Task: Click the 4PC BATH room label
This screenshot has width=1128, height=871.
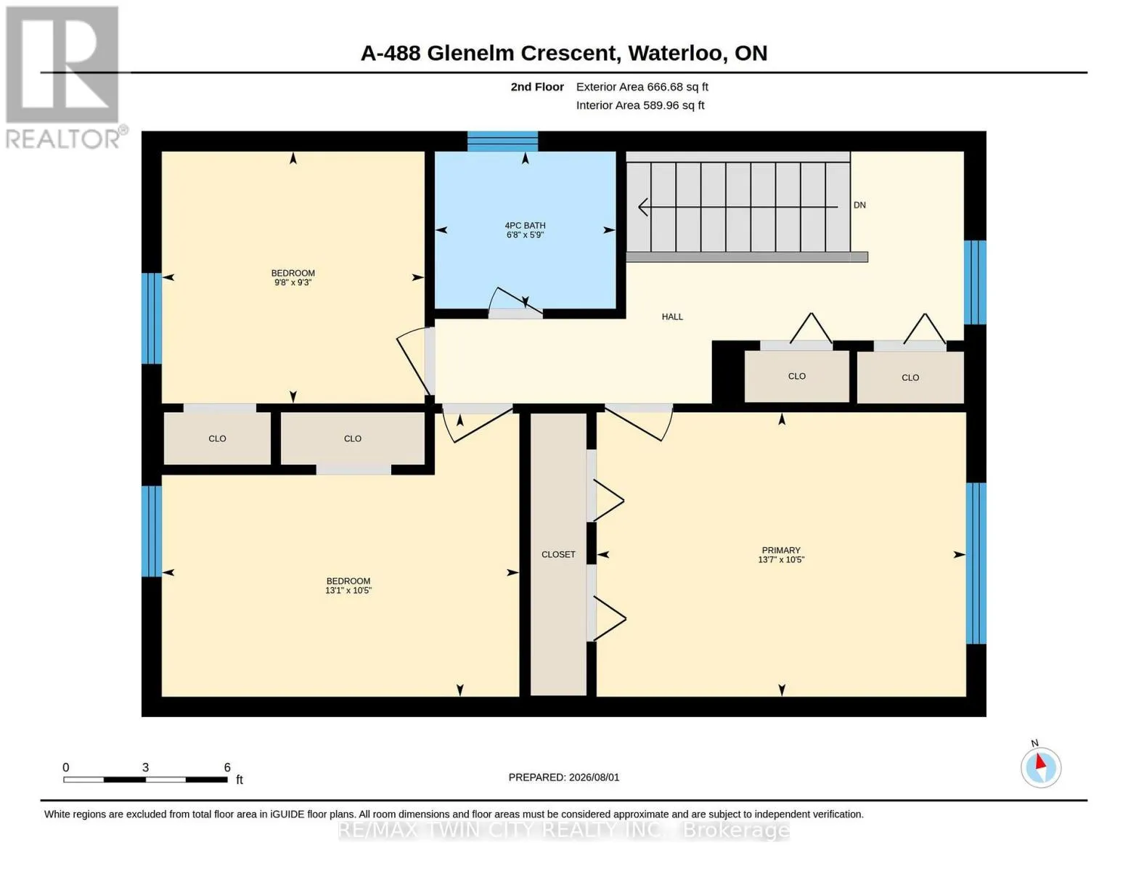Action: click(525, 225)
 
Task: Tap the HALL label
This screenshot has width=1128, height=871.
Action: click(672, 316)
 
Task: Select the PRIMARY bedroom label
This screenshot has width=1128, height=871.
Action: click(781, 550)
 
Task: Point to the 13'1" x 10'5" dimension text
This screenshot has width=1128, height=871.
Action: click(348, 590)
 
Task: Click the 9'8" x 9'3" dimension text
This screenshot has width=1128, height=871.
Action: click(293, 282)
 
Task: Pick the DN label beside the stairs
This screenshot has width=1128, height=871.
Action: click(859, 205)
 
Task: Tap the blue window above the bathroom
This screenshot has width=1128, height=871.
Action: click(502, 142)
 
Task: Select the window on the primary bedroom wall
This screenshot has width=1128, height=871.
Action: click(976, 563)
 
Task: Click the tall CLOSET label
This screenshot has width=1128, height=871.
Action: click(558, 555)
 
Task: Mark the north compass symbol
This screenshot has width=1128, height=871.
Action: click(1041, 767)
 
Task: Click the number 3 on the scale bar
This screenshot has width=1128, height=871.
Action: click(145, 767)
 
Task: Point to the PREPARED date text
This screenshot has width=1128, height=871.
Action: click(564, 777)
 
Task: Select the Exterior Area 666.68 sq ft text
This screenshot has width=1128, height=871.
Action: click(642, 86)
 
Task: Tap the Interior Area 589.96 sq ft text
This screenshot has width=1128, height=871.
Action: click(640, 105)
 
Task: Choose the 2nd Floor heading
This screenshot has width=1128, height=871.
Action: click(537, 86)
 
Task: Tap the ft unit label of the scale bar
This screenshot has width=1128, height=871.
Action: click(240, 779)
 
